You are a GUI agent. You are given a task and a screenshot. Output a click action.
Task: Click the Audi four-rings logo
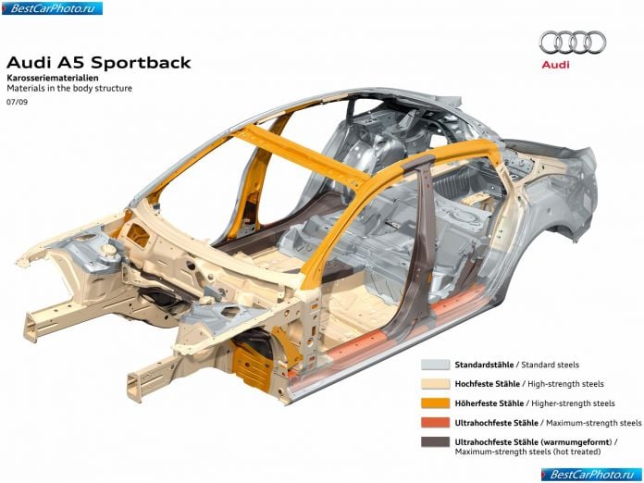[x=573, y=43]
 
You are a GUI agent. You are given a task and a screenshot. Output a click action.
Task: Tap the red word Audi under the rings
[x=555, y=65]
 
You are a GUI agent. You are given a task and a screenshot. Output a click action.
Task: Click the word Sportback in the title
[x=141, y=63]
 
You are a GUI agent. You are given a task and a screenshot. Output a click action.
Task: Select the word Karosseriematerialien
[x=52, y=77]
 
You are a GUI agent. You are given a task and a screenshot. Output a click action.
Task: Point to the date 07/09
[x=18, y=102]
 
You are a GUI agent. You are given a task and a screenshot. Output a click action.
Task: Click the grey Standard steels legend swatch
[x=436, y=365]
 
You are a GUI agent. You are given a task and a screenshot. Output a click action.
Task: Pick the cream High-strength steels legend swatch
[x=436, y=384]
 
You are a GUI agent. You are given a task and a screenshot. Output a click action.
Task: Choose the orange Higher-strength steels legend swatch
[x=436, y=402]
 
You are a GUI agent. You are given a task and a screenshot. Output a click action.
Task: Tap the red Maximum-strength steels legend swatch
[x=436, y=422]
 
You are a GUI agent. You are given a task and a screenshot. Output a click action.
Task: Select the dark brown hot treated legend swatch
[x=436, y=441]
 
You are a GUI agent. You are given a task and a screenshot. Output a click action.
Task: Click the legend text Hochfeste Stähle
[x=487, y=384]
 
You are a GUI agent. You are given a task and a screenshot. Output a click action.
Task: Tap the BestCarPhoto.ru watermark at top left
[x=52, y=8]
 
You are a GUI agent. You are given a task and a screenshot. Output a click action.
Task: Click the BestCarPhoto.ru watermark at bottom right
[x=591, y=475]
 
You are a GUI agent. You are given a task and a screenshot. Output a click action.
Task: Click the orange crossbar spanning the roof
[x=300, y=154]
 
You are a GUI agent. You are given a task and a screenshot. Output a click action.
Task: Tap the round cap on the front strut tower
[x=109, y=249]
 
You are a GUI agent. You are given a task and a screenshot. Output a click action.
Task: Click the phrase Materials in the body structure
[x=69, y=88]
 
